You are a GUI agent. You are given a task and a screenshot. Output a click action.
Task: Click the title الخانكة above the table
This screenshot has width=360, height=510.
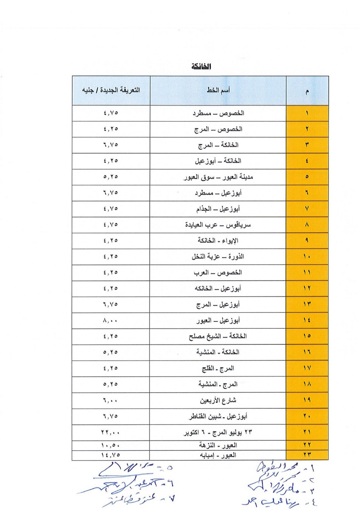click(x=201, y=67)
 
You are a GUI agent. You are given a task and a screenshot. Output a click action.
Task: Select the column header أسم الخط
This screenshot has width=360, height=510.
click(x=218, y=91)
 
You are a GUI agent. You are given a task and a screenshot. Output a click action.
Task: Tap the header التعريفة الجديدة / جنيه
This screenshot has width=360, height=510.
click(x=111, y=91)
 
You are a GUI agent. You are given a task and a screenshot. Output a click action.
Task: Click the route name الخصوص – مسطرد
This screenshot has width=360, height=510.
click(x=218, y=113)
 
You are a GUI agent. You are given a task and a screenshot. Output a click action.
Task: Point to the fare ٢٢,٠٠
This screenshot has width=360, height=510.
click(x=111, y=432)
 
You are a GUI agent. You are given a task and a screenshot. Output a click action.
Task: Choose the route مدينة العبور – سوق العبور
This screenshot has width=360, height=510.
click(x=218, y=177)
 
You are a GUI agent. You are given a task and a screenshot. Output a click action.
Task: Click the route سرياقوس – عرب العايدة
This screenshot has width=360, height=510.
click(x=218, y=225)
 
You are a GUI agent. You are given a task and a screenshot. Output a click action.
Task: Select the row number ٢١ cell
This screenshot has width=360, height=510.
click(x=307, y=432)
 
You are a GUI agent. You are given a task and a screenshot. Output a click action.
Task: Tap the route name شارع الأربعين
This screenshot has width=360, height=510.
click(x=218, y=400)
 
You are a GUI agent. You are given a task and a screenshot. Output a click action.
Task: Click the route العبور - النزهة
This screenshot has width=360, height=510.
click(x=218, y=445)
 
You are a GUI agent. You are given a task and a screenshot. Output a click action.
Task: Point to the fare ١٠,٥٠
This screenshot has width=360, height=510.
click(x=111, y=445)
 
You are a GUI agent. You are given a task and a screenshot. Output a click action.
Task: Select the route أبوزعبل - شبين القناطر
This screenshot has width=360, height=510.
click(x=218, y=416)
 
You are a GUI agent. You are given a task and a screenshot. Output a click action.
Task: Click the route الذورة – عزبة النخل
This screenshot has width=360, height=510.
click(x=218, y=257)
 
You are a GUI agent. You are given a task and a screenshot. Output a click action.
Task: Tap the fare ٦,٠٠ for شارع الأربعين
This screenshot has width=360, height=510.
click(x=111, y=400)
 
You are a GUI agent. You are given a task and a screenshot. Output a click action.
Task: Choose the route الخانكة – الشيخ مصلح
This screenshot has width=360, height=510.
click(x=218, y=336)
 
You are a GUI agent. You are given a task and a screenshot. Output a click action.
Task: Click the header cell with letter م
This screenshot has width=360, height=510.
click(x=307, y=91)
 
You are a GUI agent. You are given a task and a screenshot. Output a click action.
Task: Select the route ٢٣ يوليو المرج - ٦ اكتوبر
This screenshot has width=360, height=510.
click(x=218, y=432)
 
